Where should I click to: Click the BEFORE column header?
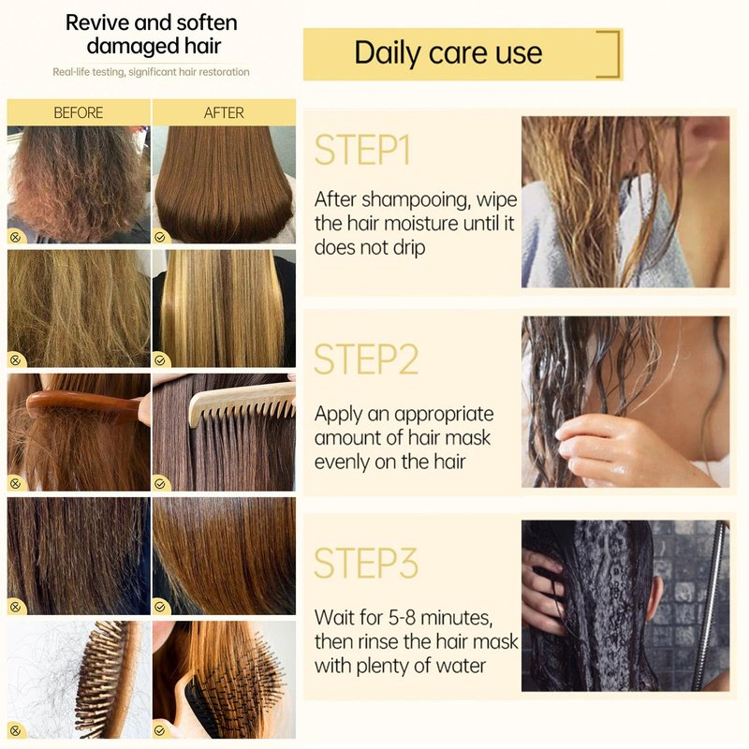(x=79, y=112)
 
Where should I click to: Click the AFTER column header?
(x=224, y=112)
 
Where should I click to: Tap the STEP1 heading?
(x=362, y=150)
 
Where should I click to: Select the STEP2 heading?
(x=366, y=360)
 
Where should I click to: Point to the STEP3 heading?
(x=366, y=564)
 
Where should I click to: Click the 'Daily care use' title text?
(x=448, y=52)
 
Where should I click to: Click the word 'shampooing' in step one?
(x=415, y=199)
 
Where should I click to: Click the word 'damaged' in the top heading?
(x=126, y=46)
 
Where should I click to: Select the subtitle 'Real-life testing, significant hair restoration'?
(x=151, y=72)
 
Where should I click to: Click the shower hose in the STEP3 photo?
(x=711, y=606)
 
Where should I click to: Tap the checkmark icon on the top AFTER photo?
(x=160, y=237)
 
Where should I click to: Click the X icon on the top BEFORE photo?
(x=15, y=237)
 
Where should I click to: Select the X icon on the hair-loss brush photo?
(x=15, y=730)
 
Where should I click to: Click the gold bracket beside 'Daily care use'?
(x=615, y=53)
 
